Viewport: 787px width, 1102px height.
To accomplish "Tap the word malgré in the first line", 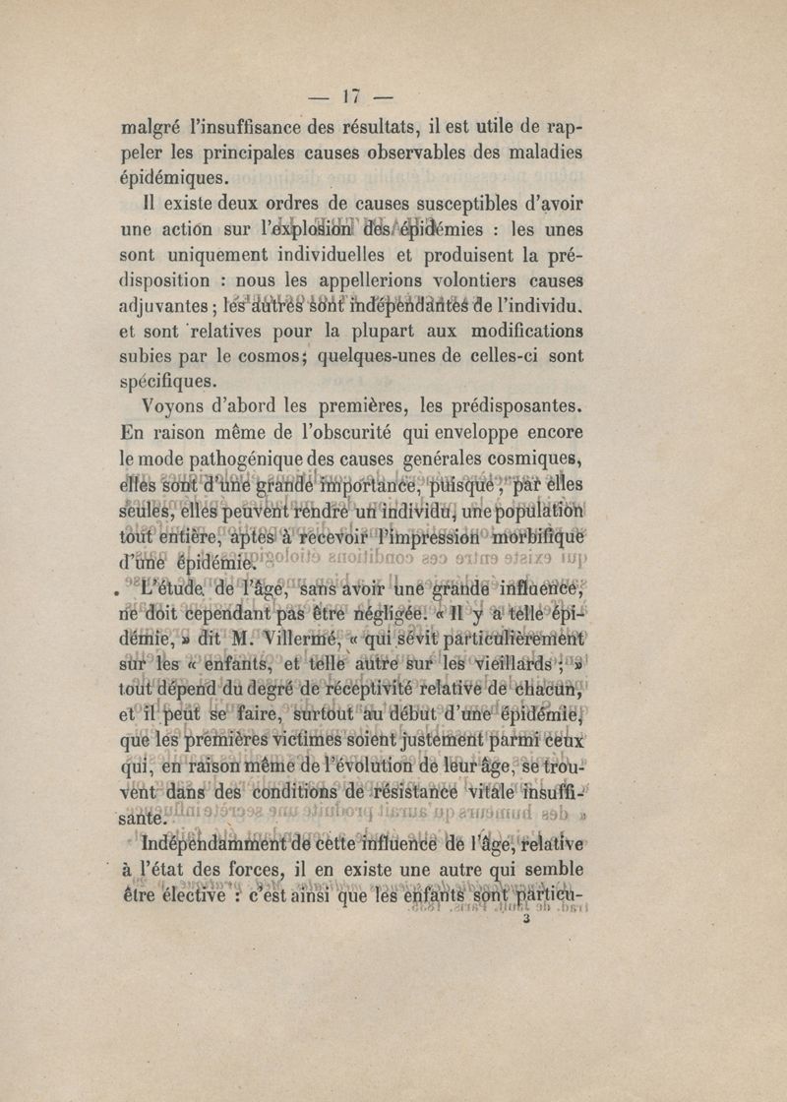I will pos(150,128).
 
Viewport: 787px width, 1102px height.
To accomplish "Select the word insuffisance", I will pos(284,126).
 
